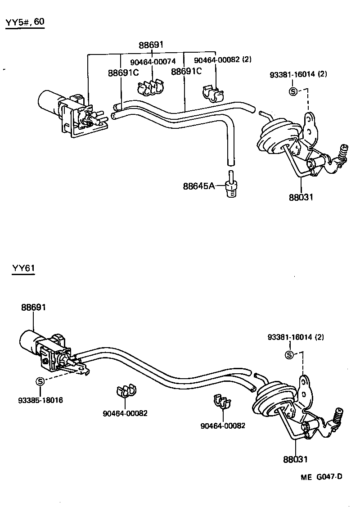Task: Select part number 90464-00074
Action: coord(153,61)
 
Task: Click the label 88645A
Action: coord(198,186)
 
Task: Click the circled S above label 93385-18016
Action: coord(40,382)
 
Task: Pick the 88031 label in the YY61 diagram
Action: coord(296,459)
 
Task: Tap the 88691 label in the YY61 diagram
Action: coord(34,307)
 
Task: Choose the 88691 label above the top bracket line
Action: coord(151,45)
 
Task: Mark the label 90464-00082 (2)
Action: coord(223,60)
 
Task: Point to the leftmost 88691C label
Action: coord(123,72)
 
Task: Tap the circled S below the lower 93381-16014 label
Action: coord(290,355)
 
